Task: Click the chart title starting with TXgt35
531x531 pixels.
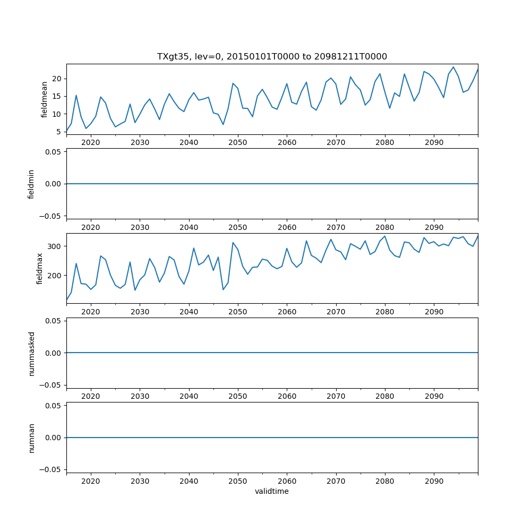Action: (272, 56)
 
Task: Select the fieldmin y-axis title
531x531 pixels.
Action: (31, 184)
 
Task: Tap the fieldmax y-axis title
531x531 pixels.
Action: (39, 269)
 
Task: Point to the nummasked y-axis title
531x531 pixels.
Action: (31, 353)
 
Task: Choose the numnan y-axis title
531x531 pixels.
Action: (31, 438)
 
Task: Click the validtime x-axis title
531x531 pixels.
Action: (272, 491)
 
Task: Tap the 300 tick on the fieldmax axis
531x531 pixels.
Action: (55, 246)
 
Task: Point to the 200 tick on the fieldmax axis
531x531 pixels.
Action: (55, 276)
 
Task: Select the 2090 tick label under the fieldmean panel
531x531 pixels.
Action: (434, 143)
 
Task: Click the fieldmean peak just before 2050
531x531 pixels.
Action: (233, 83)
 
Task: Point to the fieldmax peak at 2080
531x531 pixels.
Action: (384, 236)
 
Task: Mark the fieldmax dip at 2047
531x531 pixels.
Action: (223, 289)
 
